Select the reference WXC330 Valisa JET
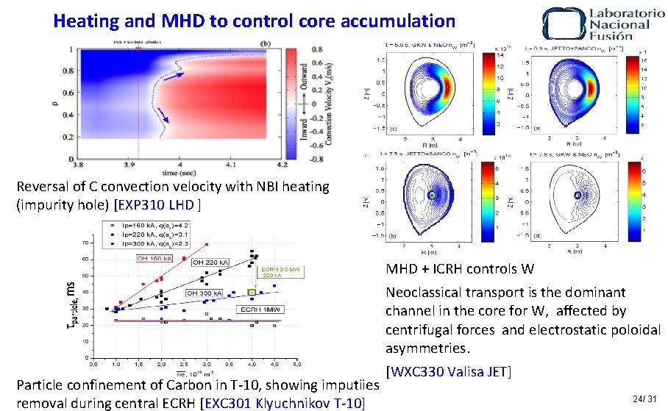(x=448, y=371)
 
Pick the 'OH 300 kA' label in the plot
(x=204, y=293)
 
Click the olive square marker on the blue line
(x=252, y=292)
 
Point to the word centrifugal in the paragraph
(x=422, y=329)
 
